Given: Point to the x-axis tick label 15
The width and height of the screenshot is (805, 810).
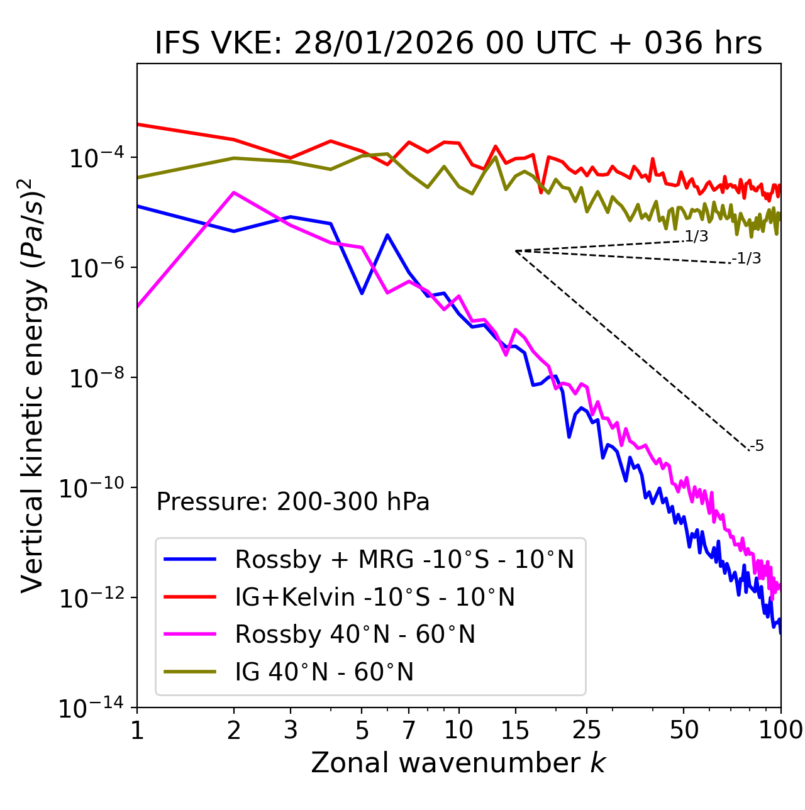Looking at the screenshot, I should [515, 730].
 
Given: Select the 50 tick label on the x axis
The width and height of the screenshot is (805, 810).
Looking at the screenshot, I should [684, 730].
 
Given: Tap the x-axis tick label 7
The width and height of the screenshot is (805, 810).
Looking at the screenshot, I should [409, 730].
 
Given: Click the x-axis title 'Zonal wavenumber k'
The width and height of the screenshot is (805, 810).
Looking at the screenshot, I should [458, 763].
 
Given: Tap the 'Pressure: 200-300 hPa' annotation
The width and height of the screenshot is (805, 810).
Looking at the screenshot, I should [292, 502].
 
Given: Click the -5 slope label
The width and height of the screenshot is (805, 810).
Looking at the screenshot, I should [757, 446].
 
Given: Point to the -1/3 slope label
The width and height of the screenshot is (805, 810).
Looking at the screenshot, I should [747, 258].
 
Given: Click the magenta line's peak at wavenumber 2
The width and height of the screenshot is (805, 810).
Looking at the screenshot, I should [234, 192].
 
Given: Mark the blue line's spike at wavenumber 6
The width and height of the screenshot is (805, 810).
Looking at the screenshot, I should [387, 235].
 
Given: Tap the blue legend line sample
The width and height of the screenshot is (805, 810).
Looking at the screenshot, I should [190, 559].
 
